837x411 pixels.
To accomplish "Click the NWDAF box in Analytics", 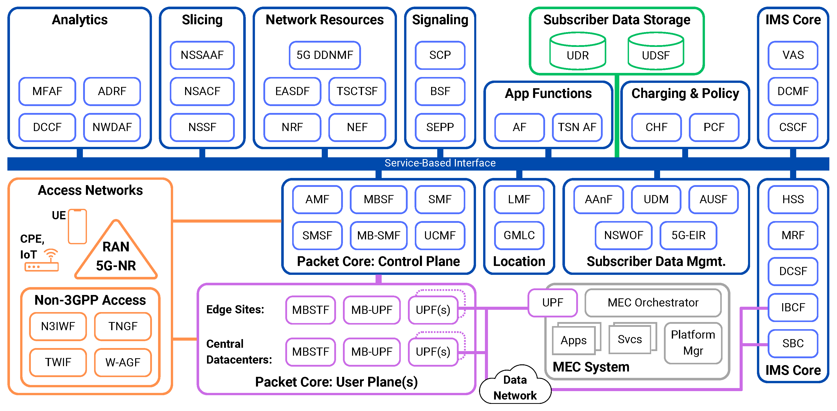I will [x=112, y=127].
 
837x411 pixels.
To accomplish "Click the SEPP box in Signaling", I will [x=440, y=127].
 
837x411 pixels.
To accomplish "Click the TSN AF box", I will [x=577, y=127].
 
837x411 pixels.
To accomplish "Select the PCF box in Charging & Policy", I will [x=714, y=127].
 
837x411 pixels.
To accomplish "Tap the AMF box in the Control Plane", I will [x=317, y=199].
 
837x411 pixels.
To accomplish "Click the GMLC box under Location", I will [x=519, y=235].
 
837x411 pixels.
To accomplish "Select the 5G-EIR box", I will [x=688, y=235].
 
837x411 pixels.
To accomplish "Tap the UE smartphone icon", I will [x=77, y=226].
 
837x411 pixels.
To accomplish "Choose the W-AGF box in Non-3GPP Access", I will [x=123, y=362].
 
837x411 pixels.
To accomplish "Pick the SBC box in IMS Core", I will [x=793, y=343].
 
